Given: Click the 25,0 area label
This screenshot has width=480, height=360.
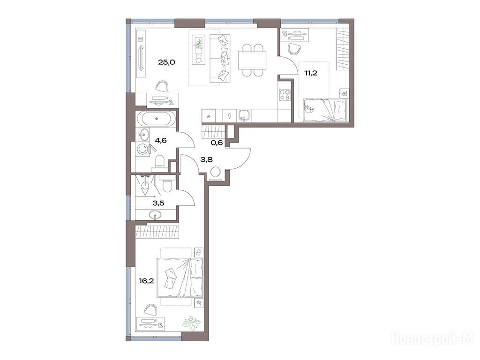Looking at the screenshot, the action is pos(166,62).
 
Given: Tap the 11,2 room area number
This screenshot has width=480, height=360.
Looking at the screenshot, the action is pos(310,73).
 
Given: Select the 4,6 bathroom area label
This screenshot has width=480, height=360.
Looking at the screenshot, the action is pos(161,141).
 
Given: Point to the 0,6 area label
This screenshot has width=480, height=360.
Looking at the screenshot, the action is pos(217,143).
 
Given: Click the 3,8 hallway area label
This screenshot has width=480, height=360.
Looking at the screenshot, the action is pos(207,159).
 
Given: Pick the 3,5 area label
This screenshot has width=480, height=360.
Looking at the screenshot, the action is pos(158,202).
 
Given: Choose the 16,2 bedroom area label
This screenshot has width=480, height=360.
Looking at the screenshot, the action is pos(146,280).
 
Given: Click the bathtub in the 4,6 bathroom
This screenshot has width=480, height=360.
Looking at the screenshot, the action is pos(157,119).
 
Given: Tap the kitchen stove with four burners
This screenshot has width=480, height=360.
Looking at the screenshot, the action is pos(285,95).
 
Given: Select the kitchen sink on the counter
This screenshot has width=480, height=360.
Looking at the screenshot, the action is pos(244,116).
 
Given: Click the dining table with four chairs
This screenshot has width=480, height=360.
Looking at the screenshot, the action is pos(252,60).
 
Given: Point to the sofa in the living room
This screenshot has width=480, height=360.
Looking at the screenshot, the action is pos(220,58).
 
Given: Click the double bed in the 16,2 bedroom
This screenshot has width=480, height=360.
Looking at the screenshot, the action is pos(180,278).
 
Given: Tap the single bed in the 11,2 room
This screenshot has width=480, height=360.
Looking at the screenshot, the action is pos(325,110).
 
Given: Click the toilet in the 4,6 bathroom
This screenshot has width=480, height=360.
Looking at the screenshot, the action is pos(159,163).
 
